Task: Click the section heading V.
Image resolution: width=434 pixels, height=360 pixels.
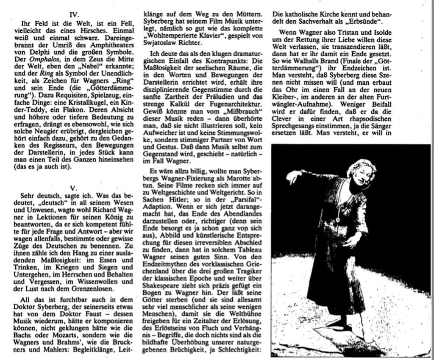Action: [x=73, y=187]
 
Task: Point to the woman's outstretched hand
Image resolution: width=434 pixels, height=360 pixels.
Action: [x=292, y=176]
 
